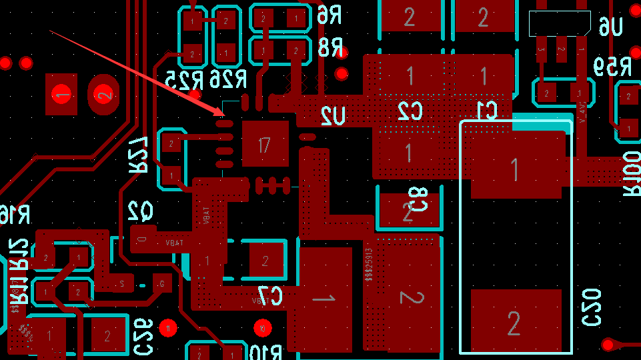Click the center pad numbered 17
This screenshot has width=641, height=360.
tap(265, 144)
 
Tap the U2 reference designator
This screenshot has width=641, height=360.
tap(332, 117)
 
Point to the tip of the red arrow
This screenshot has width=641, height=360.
tap(224, 115)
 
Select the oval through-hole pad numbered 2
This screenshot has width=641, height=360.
tap(104, 95)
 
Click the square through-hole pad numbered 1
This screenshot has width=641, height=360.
tap(62, 95)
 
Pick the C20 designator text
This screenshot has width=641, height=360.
tap(592, 307)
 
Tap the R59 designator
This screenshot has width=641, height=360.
tap(612, 67)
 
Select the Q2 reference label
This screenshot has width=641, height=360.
tap(140, 212)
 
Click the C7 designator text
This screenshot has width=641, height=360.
tap(271, 294)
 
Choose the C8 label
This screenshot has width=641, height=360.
tap(418, 199)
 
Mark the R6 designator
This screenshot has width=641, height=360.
tap(330, 13)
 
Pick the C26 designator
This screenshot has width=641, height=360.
tap(143, 336)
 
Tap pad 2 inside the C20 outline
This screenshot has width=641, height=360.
tap(514, 323)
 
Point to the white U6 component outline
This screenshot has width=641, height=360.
tap(559, 23)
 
